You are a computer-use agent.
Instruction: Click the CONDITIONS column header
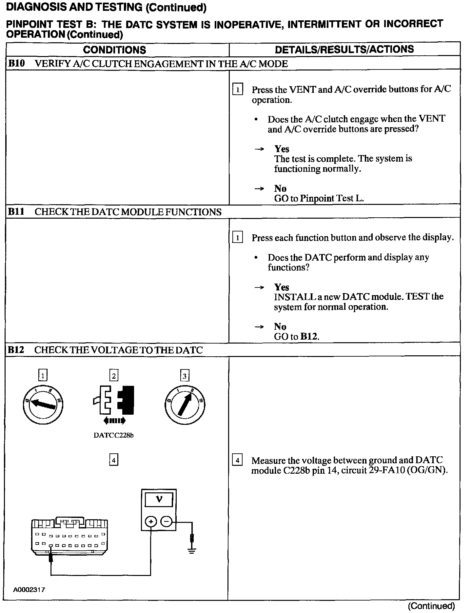pyautogui.click(x=114, y=50)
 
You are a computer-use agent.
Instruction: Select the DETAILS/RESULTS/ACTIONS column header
pyautogui.click(x=344, y=49)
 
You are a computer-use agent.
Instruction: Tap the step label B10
pyautogui.click(x=16, y=64)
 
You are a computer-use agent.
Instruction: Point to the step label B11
pyautogui.click(x=16, y=212)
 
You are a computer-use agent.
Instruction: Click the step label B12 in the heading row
pyautogui.click(x=16, y=350)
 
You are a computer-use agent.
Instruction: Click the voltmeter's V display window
pyautogui.click(x=159, y=500)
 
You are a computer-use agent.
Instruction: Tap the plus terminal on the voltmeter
pyautogui.click(x=150, y=521)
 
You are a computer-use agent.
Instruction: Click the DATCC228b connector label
pyautogui.click(x=113, y=436)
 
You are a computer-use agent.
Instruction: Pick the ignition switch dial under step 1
pyautogui.click(x=42, y=404)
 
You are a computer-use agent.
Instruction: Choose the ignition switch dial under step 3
pyautogui.click(x=185, y=404)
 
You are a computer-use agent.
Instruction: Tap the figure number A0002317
pyautogui.click(x=29, y=590)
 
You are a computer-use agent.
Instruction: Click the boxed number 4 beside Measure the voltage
pyautogui.click(x=237, y=461)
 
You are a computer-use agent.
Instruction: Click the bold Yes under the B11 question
pyautogui.click(x=282, y=287)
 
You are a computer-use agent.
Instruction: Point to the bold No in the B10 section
pyautogui.click(x=280, y=188)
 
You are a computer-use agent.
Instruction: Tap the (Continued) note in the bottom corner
pyautogui.click(x=431, y=606)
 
